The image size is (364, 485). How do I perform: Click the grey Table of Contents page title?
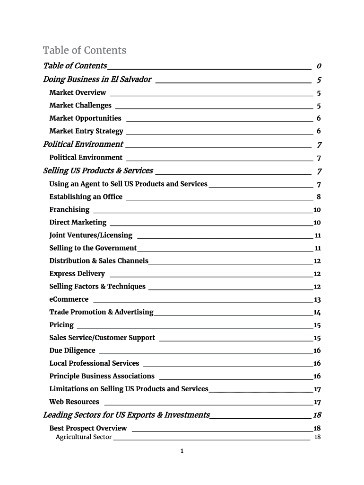coord(85,50)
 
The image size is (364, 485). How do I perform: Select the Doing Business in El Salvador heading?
coord(97,79)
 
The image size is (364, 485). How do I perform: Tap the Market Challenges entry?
coord(80,105)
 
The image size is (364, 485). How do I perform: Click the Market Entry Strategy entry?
coord(86,131)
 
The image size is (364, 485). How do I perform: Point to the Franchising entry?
coord(69,209)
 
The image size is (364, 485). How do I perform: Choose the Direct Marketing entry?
coord(78,222)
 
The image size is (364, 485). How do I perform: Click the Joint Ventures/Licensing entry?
coord(91,235)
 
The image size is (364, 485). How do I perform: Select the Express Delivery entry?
coord(77,274)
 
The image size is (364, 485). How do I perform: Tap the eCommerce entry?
coord(69,299)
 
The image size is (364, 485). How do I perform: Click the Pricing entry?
coord(61,325)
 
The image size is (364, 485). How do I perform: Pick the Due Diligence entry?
coord(72,350)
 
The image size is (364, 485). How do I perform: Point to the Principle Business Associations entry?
coord(102,376)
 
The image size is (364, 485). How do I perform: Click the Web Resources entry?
coord(74,402)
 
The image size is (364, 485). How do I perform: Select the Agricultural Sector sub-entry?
coord(84,437)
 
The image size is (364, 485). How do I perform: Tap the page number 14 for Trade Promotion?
coord(317,312)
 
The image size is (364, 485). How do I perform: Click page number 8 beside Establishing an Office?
coord(319,197)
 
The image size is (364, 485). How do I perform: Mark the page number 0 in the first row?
coord(320,65)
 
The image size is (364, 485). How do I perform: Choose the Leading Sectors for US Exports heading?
coord(126,415)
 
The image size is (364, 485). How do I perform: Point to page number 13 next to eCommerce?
coord(317,299)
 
